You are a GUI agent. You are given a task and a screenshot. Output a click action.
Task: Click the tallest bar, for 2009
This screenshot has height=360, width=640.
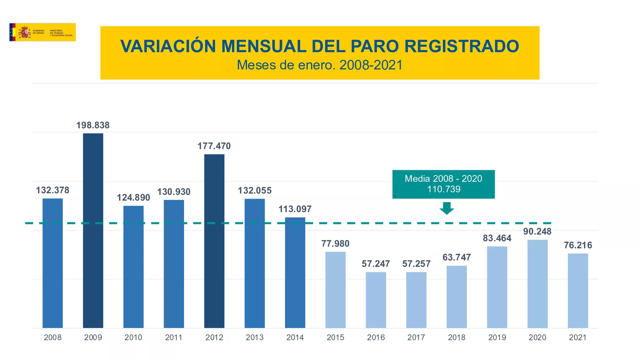(93, 230)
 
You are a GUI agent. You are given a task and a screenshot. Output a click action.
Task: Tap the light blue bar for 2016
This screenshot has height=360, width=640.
(376, 300)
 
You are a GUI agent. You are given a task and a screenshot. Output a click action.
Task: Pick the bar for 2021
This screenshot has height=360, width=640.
(578, 291)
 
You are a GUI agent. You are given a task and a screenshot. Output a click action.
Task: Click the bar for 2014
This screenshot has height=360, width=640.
(295, 273)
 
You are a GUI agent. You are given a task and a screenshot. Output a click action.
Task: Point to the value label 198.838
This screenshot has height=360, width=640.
(93, 125)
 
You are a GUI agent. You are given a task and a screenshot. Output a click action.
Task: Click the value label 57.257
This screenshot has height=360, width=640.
(416, 264)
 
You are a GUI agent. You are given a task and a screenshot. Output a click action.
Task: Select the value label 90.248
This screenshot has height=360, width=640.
(537, 231)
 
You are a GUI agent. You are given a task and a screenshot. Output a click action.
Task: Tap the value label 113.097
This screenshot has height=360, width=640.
(295, 209)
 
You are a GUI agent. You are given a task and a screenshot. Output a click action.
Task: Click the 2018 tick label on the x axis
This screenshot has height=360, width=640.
(456, 337)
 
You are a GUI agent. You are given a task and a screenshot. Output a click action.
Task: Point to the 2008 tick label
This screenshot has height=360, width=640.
(52, 337)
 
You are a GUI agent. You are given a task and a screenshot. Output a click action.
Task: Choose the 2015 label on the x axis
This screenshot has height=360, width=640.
(335, 337)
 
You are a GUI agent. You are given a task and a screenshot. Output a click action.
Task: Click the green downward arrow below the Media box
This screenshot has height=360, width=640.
(446, 208)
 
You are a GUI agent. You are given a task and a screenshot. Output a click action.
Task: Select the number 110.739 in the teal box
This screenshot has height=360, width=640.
(444, 189)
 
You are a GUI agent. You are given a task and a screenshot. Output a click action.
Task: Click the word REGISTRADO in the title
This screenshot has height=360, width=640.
(461, 46)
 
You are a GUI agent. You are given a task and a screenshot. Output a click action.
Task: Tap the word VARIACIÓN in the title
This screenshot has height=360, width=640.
(168, 46)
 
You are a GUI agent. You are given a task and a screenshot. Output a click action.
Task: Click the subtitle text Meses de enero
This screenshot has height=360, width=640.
(286, 65)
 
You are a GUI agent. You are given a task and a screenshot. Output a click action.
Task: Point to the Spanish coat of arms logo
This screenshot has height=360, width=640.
(25, 32)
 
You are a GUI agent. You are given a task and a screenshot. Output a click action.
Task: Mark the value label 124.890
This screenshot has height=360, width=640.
(133, 197)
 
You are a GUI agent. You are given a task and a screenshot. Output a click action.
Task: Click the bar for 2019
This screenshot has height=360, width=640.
(497, 287)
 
